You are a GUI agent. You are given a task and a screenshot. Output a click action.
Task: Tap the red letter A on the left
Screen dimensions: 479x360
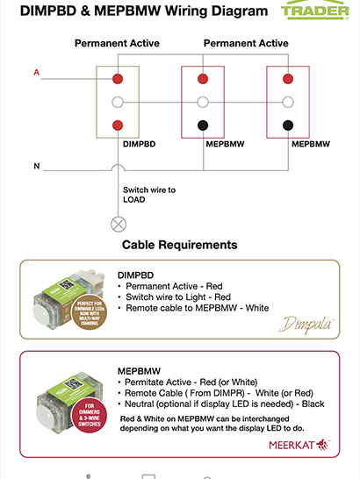[x=36, y=72]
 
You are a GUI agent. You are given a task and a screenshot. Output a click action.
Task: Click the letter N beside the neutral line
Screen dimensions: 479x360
[x=36, y=165]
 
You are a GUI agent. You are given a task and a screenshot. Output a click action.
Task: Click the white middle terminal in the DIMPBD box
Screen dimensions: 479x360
[x=117, y=102]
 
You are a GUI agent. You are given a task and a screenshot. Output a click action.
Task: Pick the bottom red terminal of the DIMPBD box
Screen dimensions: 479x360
[x=117, y=125]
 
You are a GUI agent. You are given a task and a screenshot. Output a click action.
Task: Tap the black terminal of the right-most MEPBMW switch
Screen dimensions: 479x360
[x=288, y=125]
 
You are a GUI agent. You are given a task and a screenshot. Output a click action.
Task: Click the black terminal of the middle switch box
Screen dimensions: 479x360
[x=203, y=125]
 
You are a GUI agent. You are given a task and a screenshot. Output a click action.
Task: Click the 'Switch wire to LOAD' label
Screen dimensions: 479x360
[x=149, y=194]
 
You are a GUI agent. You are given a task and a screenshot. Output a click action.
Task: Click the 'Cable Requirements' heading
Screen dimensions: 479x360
[x=179, y=245]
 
